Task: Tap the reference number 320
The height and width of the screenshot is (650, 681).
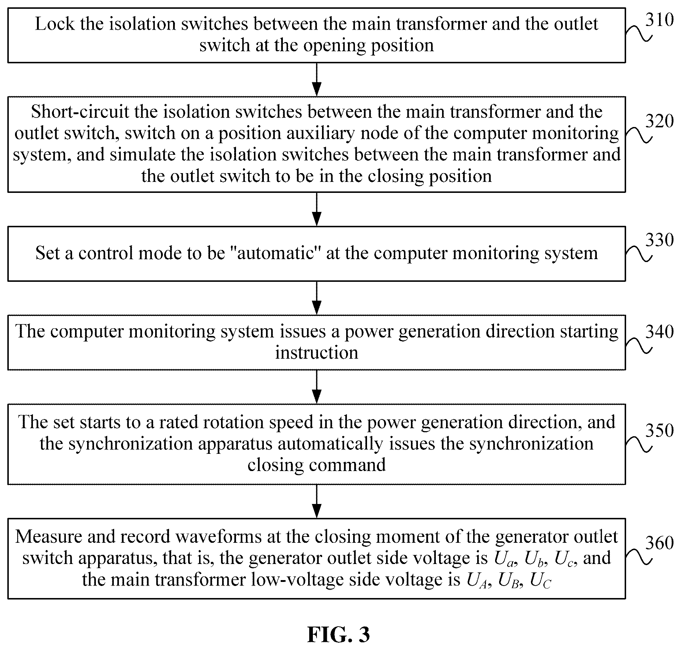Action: point(659,121)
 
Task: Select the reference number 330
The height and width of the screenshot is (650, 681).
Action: point(659,240)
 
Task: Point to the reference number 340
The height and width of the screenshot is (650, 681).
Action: point(659,332)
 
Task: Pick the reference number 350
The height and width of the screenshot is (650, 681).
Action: point(659,430)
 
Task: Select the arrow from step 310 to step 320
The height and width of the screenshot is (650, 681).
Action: point(317,79)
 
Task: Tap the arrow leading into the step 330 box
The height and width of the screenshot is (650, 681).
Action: point(317,209)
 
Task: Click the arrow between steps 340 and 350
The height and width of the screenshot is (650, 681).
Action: point(317,387)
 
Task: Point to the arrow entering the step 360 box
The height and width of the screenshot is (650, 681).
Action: point(317,501)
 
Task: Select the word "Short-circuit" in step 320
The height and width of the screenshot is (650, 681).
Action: point(80,112)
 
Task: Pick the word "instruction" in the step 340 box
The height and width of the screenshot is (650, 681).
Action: point(317,353)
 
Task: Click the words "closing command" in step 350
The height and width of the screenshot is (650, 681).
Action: point(317,465)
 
